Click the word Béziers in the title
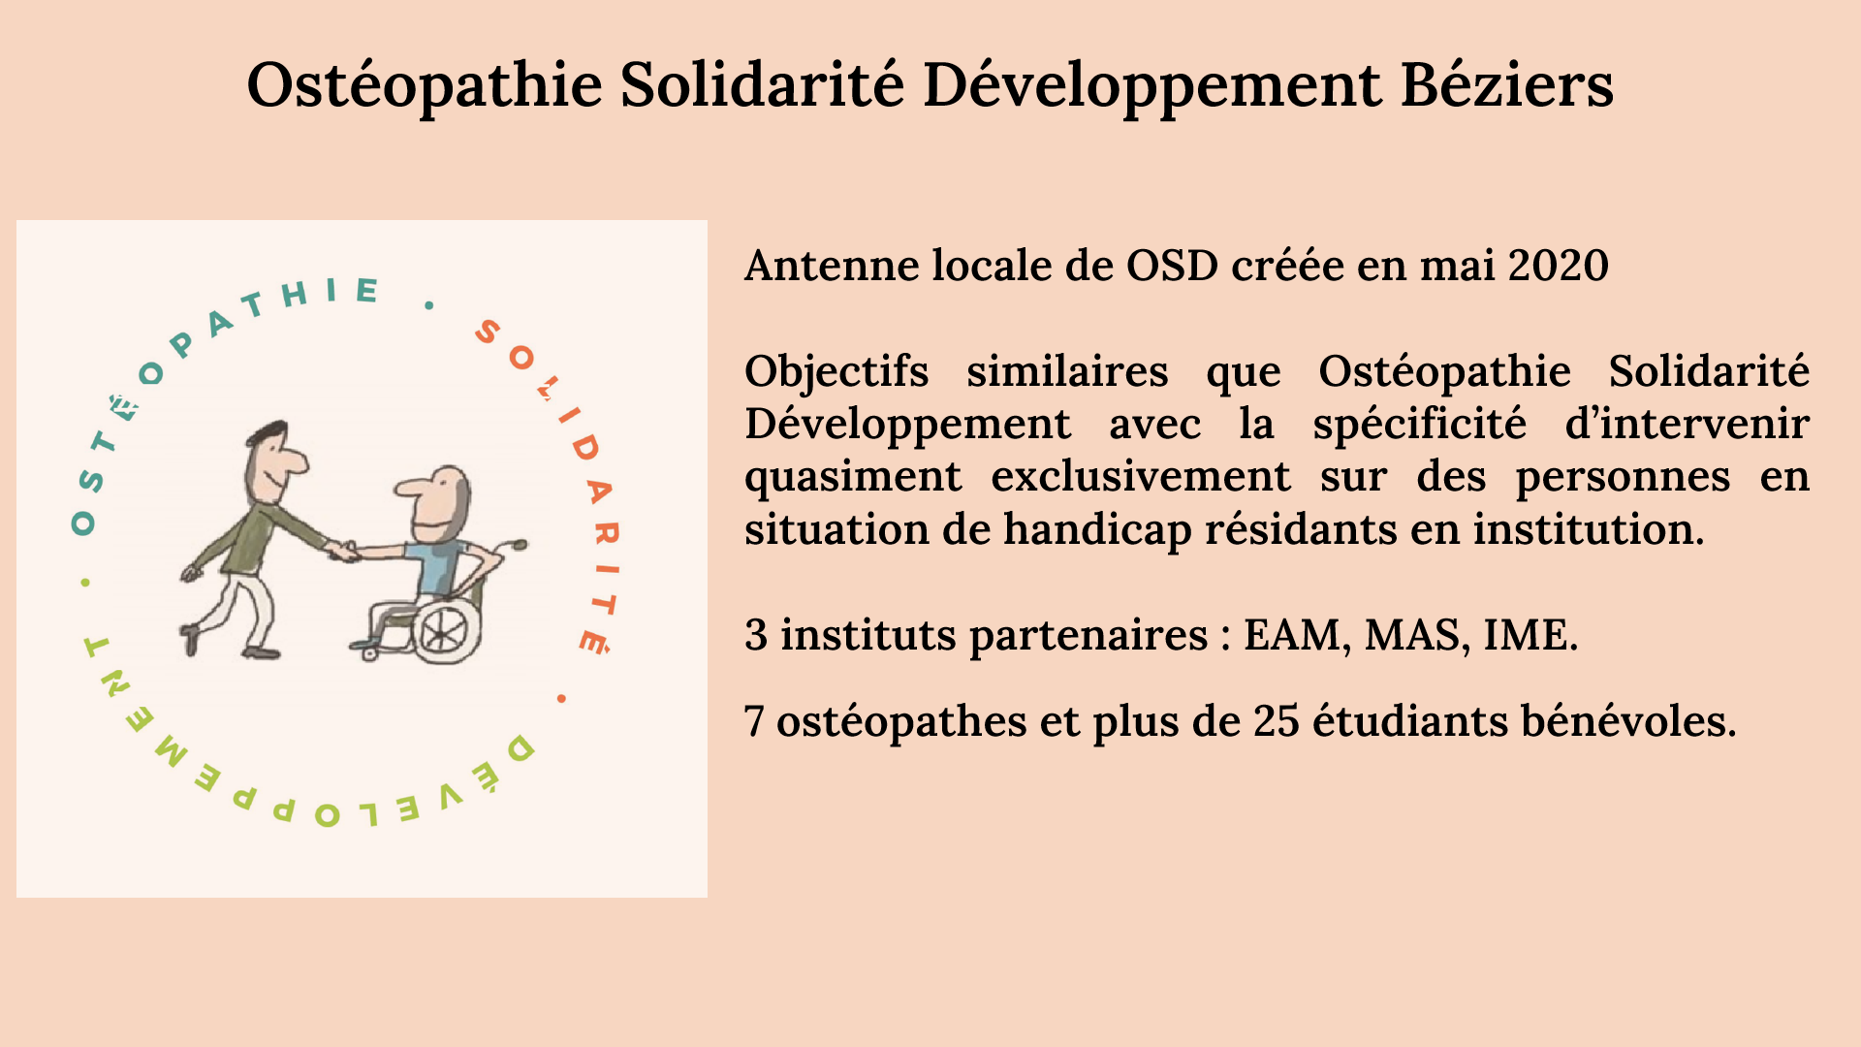click(1507, 84)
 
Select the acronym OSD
click(1172, 266)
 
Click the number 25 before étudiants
click(1276, 721)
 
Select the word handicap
click(1097, 530)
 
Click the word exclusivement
click(1141, 477)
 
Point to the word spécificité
click(1420, 425)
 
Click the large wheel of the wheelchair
click(446, 631)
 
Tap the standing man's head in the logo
click(274, 460)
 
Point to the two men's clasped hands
click(344, 551)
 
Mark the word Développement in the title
click(1151, 84)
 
